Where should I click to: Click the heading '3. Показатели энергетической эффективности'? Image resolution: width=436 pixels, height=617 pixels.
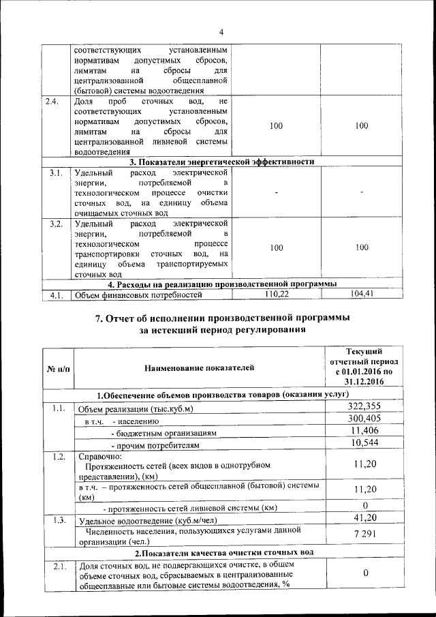tap(222, 162)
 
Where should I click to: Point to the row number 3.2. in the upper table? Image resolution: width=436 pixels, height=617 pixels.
tap(56, 223)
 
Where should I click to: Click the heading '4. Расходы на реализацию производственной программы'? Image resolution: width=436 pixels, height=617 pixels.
tap(222, 284)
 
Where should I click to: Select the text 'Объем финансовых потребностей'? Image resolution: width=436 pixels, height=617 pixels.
tap(140, 295)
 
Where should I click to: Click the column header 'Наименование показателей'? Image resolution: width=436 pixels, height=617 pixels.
tap(199, 369)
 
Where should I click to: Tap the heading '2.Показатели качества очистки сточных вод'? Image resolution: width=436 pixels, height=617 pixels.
tap(222, 552)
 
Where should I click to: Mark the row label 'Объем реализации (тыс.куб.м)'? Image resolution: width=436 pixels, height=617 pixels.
tap(136, 408)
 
